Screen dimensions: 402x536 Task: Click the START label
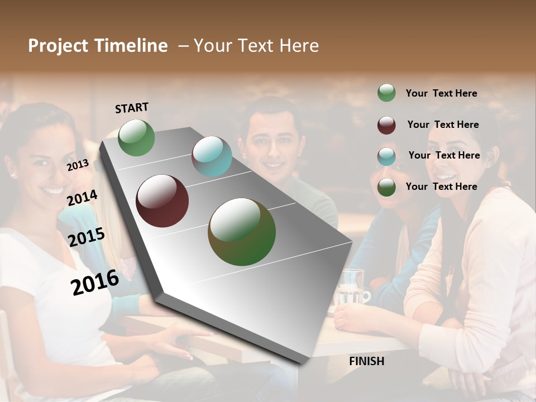click(x=132, y=108)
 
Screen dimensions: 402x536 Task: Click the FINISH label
click(x=366, y=361)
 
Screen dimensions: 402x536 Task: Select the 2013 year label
click(x=78, y=165)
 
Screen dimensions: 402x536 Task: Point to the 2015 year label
click(x=86, y=237)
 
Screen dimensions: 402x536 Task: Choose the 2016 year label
click(x=95, y=282)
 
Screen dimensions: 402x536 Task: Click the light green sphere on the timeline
click(x=136, y=137)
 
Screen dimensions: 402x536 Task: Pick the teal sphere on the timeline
click(x=212, y=156)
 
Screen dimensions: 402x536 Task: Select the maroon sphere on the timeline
click(x=162, y=201)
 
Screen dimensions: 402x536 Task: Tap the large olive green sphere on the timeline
click(x=242, y=232)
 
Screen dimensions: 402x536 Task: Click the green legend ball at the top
click(x=386, y=93)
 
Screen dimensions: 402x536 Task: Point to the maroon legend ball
click(x=386, y=125)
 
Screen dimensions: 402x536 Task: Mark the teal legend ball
click(x=386, y=156)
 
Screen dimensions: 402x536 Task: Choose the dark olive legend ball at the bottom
click(x=386, y=188)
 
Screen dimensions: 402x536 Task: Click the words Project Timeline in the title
click(x=98, y=46)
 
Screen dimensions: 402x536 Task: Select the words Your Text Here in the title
click(x=256, y=46)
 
